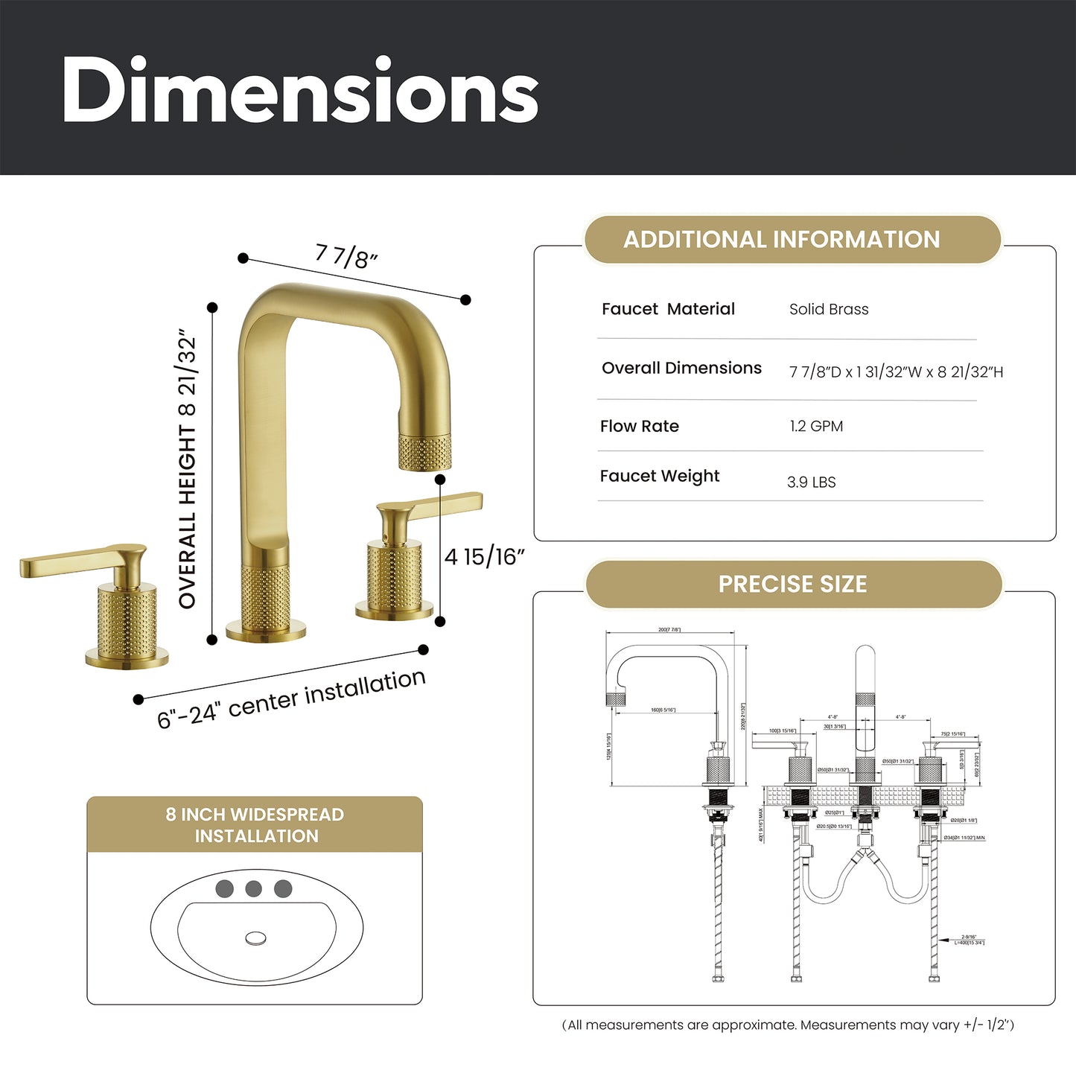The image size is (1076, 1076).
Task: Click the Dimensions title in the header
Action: [x=300, y=91]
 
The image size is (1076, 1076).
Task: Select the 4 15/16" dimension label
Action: [x=484, y=556]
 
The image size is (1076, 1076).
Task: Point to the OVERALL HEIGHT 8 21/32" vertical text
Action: [x=188, y=471]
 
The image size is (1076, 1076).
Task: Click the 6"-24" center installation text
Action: [x=291, y=698]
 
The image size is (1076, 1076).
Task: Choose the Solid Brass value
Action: [x=829, y=309]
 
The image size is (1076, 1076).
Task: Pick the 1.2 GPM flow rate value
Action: [x=816, y=426]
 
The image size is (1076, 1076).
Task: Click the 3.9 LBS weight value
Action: [x=811, y=482]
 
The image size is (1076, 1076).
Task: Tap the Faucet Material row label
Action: [x=668, y=309]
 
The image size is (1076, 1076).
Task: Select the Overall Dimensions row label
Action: [x=681, y=368]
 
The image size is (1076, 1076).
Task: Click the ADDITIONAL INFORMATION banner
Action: [x=781, y=239]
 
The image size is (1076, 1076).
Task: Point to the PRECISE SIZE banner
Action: [x=792, y=584]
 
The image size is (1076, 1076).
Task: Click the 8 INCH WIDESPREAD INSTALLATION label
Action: [x=255, y=825]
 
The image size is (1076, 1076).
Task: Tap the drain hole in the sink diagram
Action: [x=255, y=938]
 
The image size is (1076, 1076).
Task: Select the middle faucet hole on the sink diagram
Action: [x=254, y=888]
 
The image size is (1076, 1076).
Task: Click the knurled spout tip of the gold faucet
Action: [x=424, y=453]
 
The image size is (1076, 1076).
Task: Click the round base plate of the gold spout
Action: [x=266, y=631]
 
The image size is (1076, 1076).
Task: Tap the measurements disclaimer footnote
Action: [x=788, y=1025]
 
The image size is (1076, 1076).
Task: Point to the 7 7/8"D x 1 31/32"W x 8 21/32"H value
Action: [x=896, y=372]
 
